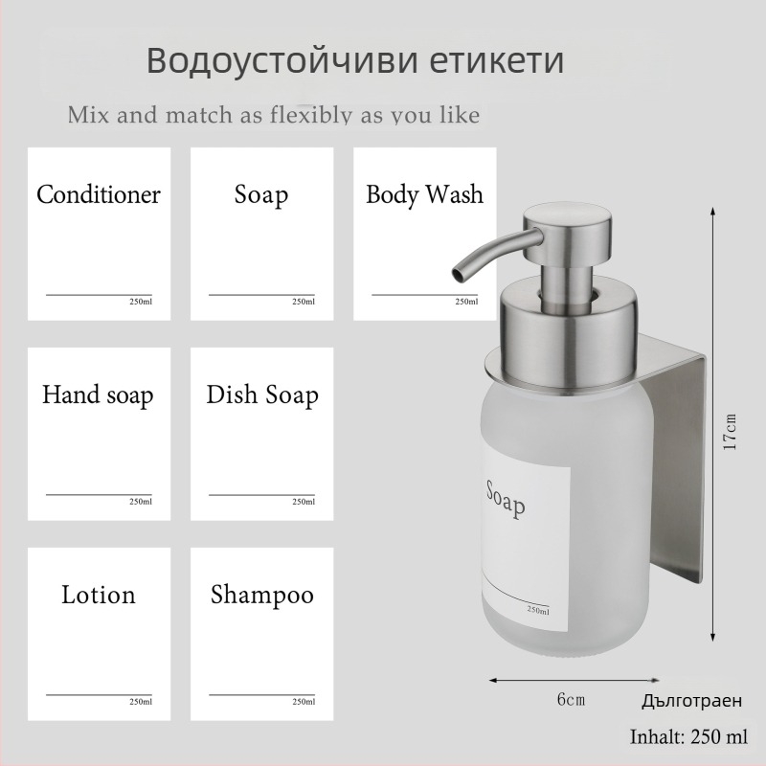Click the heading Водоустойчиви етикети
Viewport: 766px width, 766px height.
point(355,61)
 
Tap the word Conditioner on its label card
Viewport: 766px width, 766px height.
point(99,195)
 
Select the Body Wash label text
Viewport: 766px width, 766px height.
point(424,195)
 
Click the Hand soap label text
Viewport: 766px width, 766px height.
point(98,394)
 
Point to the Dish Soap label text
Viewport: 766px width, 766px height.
point(262,394)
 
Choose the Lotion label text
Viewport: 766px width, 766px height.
point(99,595)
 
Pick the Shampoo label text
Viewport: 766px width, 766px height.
point(262,595)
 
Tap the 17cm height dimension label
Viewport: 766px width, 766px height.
point(730,432)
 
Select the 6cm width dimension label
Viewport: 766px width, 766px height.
point(571,699)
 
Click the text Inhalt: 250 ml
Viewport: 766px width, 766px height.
point(688,737)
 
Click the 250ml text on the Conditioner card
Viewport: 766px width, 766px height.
point(140,303)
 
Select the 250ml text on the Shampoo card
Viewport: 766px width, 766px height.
point(304,702)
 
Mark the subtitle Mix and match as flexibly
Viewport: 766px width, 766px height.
point(274,116)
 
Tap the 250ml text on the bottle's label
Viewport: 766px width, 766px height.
point(537,610)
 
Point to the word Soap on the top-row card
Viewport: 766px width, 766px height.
point(261,195)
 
